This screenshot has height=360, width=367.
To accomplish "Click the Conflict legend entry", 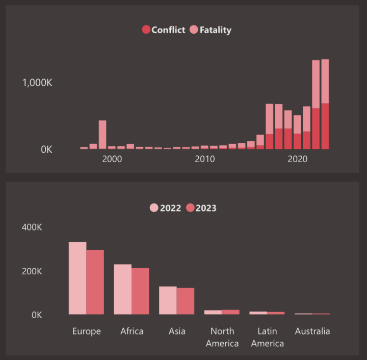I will tap(163, 30).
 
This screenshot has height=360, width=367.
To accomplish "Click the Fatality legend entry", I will tap(210, 30).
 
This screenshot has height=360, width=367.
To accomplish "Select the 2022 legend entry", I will tap(165, 208).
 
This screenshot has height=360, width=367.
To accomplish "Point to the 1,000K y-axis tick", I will tap(37, 83).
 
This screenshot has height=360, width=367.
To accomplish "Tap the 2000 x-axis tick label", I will tap(112, 159).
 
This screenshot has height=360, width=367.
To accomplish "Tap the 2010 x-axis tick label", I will tap(204, 159).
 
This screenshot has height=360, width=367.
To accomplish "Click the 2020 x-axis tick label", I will tap(297, 159).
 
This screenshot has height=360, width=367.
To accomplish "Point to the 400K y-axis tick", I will tap(32, 227).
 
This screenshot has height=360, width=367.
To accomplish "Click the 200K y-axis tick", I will tap(32, 271).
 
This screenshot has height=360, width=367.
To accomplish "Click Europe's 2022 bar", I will tap(77, 278).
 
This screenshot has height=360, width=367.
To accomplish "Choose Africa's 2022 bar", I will tap(122, 289).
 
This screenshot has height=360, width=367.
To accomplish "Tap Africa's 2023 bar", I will tap(140, 291).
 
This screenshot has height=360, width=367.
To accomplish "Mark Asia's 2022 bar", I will tap(168, 300).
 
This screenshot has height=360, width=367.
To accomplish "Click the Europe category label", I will tap(87, 331).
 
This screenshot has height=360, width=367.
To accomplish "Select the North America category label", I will tap(222, 337).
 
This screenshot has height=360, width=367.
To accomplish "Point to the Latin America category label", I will tap(267, 337).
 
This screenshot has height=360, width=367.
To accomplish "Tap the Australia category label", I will tap(312, 331).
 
